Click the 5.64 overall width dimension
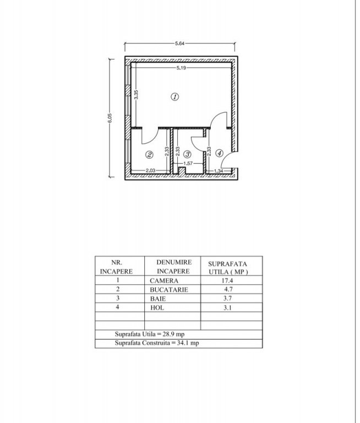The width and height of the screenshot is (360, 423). [179, 44]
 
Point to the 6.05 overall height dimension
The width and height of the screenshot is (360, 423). [110, 118]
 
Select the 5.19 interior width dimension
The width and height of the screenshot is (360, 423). [181, 68]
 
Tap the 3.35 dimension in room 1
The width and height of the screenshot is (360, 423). [136, 95]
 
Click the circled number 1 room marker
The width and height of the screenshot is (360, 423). [174, 96]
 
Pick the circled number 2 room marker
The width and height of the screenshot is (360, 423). [149, 155]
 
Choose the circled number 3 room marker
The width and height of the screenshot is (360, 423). [187, 154]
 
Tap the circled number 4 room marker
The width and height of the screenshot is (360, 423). [219, 153]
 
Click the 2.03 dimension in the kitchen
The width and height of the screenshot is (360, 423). [150, 171]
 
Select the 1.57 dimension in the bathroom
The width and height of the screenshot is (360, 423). [188, 164]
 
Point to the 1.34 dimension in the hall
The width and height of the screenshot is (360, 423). [219, 171]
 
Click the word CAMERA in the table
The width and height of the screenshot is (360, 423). [164, 281]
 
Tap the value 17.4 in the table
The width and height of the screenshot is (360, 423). [227, 280]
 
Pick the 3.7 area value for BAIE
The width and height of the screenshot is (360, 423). [227, 299]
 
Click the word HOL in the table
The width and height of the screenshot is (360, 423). [157, 308]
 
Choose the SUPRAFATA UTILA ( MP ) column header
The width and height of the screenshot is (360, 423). [228, 268]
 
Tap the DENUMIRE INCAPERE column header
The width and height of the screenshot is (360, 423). [173, 267]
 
